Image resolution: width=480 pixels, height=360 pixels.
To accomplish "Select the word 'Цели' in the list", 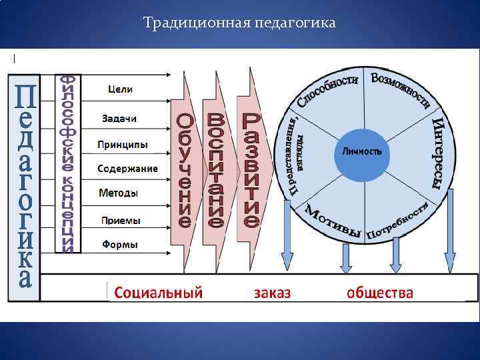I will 120,89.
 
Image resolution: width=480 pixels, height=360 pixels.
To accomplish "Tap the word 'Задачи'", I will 119,118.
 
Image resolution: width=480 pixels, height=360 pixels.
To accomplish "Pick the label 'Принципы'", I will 123,144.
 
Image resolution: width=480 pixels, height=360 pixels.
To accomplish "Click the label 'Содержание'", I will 127,169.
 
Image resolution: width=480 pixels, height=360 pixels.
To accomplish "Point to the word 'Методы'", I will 119,193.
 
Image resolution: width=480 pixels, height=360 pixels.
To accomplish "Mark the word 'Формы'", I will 120,245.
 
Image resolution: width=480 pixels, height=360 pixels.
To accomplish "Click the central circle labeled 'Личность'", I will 362,152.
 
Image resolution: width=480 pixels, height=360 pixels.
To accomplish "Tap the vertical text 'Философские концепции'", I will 67,164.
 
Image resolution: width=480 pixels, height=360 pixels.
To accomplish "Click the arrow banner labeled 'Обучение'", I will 185,171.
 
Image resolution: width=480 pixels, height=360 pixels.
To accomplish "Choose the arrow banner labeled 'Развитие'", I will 251,169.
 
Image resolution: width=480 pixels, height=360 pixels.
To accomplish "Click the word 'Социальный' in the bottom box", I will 158,292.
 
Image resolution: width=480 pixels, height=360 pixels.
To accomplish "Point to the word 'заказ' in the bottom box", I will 272,292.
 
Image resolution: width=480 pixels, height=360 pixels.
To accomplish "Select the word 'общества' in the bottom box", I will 380,292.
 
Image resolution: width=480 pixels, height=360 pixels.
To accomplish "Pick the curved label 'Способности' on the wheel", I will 327,89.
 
